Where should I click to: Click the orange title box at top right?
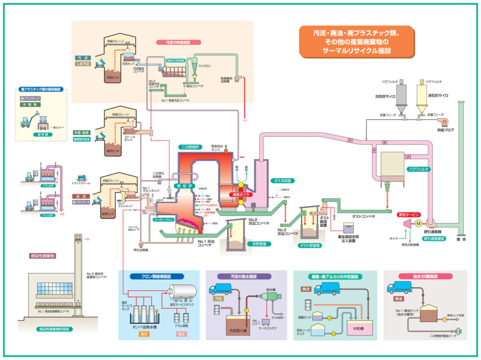(x=357, y=41)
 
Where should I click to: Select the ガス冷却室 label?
(x=283, y=180)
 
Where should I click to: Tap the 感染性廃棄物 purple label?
(x=43, y=256)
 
